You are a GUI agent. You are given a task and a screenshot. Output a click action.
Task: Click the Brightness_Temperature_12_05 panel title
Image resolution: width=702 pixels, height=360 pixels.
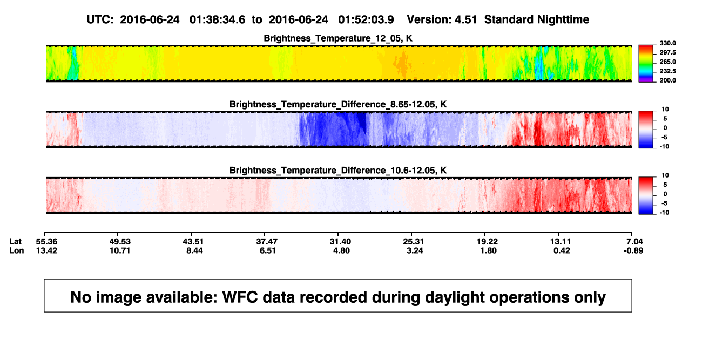(x=338, y=38)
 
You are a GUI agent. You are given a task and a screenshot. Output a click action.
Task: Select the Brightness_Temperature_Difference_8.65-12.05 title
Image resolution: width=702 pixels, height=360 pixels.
(x=338, y=104)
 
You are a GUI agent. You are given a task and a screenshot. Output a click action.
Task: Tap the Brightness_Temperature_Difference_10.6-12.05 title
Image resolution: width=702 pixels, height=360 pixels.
(x=338, y=171)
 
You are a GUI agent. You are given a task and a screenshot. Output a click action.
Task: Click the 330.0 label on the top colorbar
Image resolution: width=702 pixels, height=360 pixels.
(x=667, y=43)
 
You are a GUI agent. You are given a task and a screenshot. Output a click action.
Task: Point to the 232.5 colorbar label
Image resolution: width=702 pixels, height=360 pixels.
(x=667, y=71)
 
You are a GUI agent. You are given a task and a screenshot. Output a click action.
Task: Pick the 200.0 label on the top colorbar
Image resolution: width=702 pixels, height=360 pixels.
(x=667, y=80)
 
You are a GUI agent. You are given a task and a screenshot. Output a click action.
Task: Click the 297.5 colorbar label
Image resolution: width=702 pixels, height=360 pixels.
(x=667, y=53)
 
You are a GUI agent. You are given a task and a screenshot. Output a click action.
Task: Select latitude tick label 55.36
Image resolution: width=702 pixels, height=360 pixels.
(x=46, y=242)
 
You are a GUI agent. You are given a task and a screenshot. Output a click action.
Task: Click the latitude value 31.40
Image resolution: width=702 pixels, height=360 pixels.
(x=340, y=242)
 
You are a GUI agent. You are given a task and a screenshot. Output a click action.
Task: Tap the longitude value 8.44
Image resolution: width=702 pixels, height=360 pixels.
(x=194, y=250)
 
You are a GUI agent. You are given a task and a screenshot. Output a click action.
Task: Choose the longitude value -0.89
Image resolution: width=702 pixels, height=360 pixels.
(x=633, y=250)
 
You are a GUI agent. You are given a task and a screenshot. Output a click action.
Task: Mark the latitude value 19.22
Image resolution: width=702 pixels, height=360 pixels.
(x=487, y=242)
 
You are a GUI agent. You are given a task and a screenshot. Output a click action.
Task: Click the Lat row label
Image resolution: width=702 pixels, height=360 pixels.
(x=15, y=242)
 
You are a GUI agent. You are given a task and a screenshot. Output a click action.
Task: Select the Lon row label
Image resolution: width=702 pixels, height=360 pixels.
(x=17, y=250)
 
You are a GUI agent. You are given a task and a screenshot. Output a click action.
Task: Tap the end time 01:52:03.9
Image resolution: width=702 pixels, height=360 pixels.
(x=366, y=20)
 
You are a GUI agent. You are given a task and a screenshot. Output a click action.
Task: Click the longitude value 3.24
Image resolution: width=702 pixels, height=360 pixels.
(x=415, y=250)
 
